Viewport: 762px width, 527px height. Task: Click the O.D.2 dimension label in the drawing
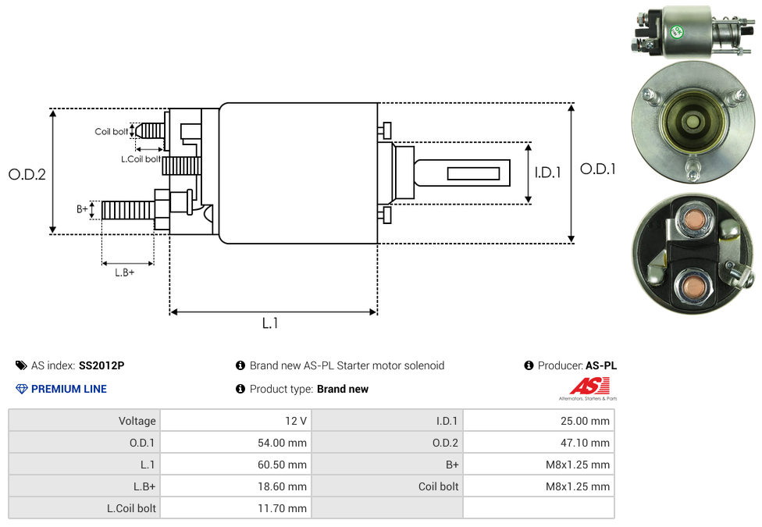click(27, 174)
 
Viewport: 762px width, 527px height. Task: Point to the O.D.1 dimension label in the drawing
click(598, 169)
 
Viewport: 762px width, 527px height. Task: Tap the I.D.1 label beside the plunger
click(548, 173)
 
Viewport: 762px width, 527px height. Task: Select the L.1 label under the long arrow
click(270, 322)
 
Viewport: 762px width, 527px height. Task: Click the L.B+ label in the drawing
click(124, 272)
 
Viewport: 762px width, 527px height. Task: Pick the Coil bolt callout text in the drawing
click(112, 132)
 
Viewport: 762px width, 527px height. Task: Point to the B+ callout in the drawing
click(82, 209)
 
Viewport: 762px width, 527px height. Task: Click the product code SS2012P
click(101, 365)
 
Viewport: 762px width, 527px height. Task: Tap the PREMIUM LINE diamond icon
click(22, 389)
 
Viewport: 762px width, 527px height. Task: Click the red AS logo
click(589, 386)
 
